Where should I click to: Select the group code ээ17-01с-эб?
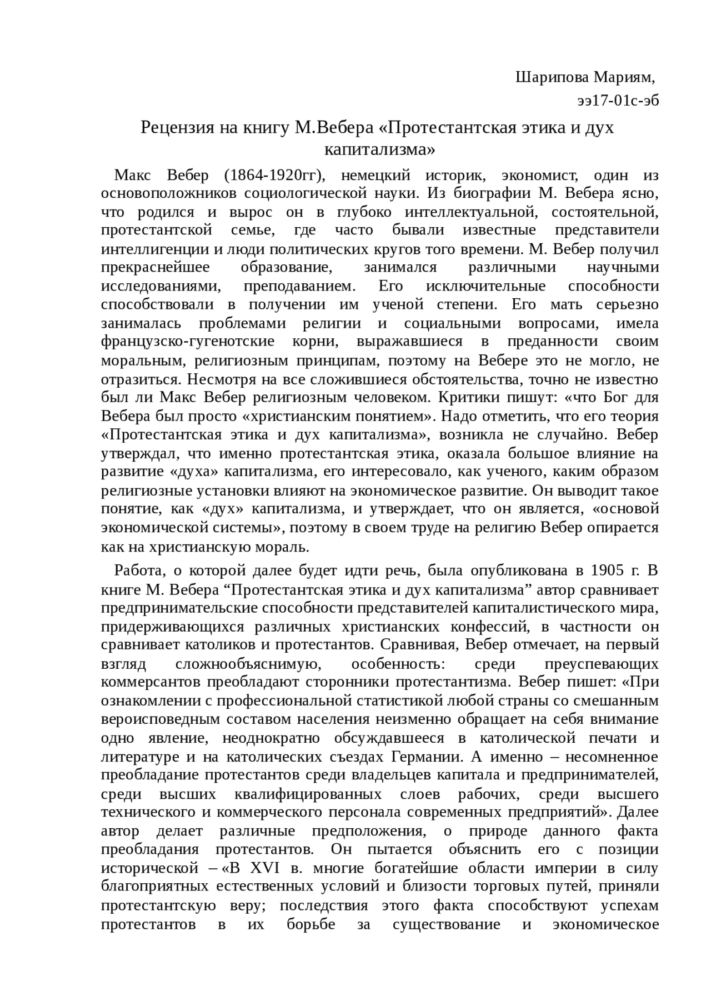(x=618, y=101)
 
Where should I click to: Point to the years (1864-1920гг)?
(x=273, y=176)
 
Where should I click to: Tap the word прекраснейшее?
(x=156, y=268)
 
